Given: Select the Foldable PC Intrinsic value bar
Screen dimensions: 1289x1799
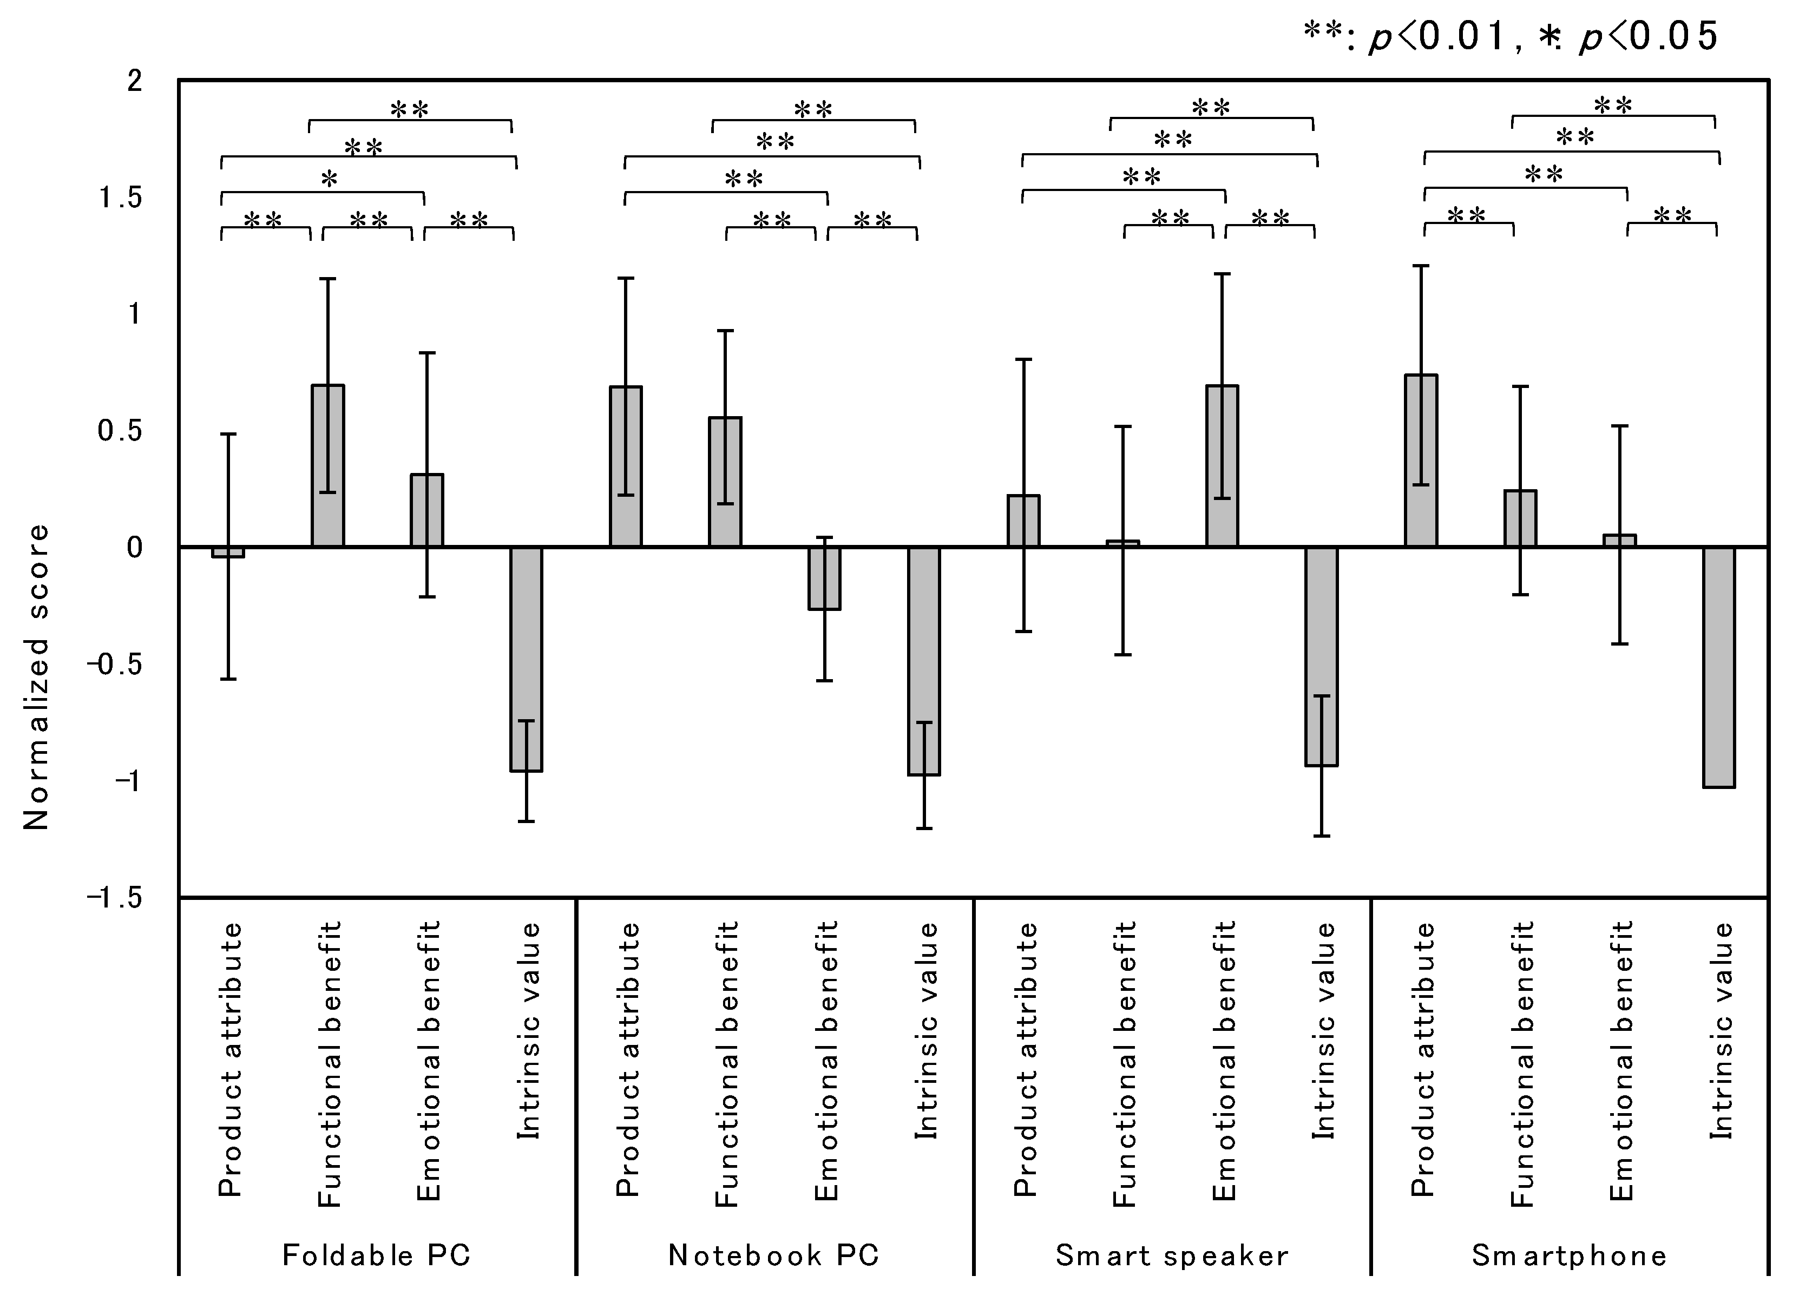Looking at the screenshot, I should [526, 659].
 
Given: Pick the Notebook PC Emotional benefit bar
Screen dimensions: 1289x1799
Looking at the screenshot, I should [824, 577].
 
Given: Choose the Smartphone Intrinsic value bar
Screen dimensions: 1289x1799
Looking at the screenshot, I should [1719, 666].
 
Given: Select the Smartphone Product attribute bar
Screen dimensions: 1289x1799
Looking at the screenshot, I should [1421, 460].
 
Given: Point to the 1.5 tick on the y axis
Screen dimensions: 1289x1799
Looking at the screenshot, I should [120, 197].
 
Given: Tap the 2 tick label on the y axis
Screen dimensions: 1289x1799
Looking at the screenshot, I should [135, 81].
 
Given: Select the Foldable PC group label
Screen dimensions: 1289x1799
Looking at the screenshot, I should [377, 1255].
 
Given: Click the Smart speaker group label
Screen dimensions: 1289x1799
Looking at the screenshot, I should [1172, 1255].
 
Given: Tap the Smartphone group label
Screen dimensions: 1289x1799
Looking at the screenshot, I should [1569, 1255].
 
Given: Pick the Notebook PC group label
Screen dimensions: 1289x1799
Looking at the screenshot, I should [774, 1255].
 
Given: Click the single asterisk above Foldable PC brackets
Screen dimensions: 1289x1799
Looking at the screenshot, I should [329, 179].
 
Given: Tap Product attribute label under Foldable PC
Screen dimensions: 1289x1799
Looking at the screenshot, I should [229, 1059].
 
